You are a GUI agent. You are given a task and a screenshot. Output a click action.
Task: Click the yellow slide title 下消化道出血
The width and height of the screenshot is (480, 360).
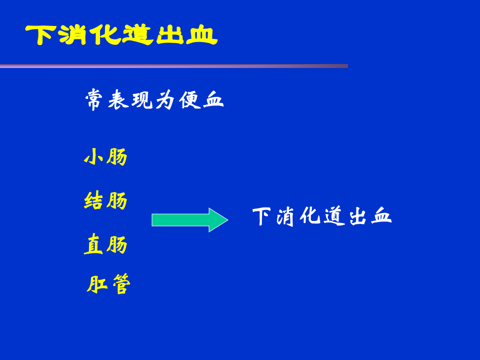tap(121, 35)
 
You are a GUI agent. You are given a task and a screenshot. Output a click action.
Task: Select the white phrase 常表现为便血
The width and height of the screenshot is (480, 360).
tap(154, 100)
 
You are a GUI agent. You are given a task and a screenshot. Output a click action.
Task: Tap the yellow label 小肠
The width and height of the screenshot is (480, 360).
tap(105, 157)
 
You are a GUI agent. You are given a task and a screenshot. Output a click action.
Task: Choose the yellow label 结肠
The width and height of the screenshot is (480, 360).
tap(105, 201)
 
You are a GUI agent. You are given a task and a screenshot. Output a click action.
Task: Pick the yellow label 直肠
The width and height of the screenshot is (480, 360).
tap(105, 245)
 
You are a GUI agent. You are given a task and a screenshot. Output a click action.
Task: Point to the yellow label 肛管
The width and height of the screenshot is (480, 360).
tap(108, 285)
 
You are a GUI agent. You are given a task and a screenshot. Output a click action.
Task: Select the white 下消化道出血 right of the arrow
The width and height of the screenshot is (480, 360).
tap(321, 216)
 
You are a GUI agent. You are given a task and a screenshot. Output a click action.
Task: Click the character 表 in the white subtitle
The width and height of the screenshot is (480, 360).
tap(118, 100)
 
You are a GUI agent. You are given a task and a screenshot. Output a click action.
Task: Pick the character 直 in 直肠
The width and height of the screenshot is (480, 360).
tap(93, 245)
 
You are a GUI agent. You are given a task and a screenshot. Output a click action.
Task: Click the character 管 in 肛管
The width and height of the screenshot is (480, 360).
tap(120, 285)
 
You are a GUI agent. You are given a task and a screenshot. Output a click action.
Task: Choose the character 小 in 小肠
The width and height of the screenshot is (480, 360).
tap(94, 157)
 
